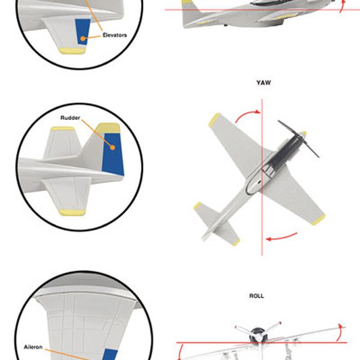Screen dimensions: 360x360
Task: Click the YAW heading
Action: (x=263, y=83)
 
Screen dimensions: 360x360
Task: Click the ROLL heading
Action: (x=256, y=296)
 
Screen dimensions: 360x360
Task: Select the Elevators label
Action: (x=115, y=35)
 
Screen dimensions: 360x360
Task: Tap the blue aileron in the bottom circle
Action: (x=109, y=353)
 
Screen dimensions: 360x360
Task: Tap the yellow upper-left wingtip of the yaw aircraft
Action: (x=214, y=120)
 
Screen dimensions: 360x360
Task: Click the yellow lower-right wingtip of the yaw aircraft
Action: (x=318, y=219)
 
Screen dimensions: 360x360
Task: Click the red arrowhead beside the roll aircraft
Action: (x=342, y=327)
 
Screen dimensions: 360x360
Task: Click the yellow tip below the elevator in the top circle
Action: (x=73, y=51)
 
